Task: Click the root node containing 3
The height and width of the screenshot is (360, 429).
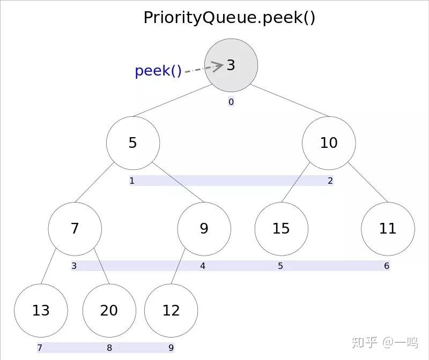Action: (x=231, y=65)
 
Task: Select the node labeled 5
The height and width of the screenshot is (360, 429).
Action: (x=132, y=142)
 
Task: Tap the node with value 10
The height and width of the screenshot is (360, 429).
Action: (x=328, y=142)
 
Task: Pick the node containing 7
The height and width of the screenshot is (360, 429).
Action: (x=75, y=228)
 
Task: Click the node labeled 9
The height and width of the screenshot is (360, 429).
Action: (x=204, y=228)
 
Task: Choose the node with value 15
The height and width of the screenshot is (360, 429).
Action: (x=281, y=228)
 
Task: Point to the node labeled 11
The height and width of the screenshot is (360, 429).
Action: (x=387, y=228)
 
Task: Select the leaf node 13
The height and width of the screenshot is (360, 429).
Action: (x=41, y=310)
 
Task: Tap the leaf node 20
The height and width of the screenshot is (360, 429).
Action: (x=109, y=310)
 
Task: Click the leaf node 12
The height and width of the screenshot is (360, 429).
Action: (x=171, y=310)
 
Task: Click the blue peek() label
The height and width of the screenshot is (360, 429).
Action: (x=158, y=71)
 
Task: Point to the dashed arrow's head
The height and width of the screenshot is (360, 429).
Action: (x=219, y=66)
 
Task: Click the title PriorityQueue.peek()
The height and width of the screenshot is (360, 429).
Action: (x=229, y=17)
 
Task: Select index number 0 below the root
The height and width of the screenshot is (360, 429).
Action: (x=231, y=102)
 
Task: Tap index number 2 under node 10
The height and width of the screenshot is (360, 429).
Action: (x=330, y=181)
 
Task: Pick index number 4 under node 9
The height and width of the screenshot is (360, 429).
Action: (x=203, y=266)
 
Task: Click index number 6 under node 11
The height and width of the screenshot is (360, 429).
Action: (x=386, y=266)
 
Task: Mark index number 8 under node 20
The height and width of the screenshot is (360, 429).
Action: (x=109, y=348)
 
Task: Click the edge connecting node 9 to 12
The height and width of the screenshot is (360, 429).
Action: (x=179, y=266)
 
